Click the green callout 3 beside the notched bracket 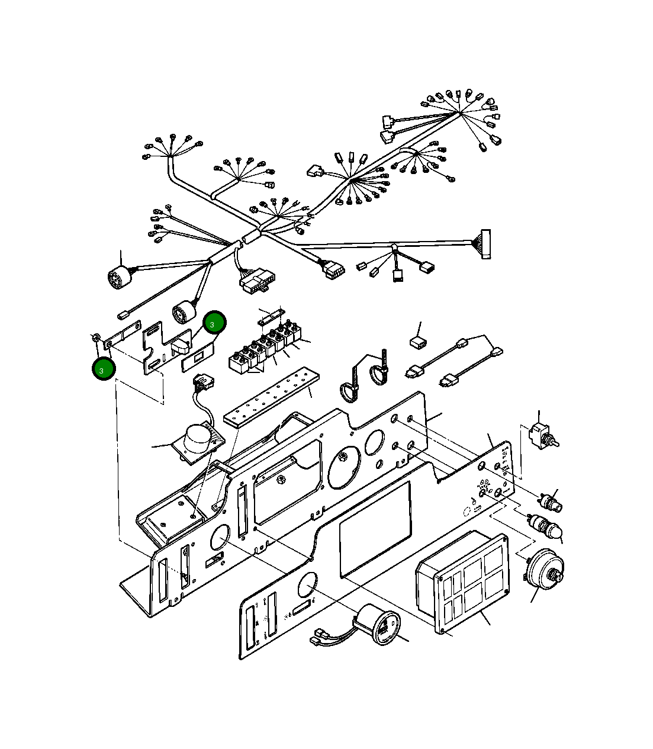[214, 322]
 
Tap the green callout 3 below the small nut [103, 369]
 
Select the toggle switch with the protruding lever [542, 436]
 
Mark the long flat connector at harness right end [485, 244]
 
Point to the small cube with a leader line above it [418, 342]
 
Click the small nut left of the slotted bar [96, 337]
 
